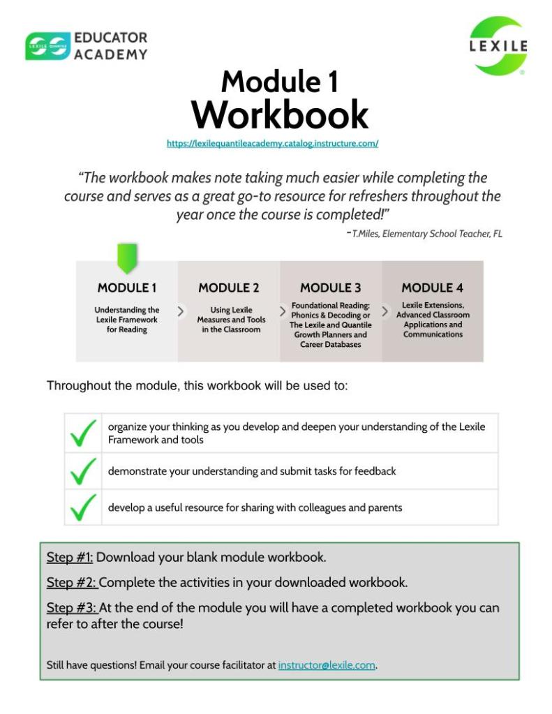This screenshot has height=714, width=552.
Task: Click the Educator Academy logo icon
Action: point(47,45)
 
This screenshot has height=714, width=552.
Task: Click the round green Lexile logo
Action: point(498,45)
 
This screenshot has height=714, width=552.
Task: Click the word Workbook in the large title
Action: point(279,115)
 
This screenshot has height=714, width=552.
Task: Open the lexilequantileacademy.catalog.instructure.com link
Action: point(272,144)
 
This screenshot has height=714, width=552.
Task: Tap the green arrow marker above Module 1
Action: point(127,258)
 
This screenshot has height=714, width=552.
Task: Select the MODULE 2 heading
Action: point(229,288)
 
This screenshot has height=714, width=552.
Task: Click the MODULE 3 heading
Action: point(331,288)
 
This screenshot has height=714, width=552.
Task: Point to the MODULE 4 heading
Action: point(432,288)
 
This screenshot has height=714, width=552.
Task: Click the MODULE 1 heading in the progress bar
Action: point(127,288)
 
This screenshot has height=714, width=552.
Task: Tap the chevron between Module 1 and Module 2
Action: point(181,312)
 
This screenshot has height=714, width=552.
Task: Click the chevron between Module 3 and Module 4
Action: point(385,312)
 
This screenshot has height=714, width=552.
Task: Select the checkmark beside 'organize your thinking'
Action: point(83,434)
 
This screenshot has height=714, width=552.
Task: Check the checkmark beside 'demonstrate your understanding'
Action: point(83,472)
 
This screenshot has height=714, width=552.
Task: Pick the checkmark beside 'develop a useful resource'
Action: point(83,508)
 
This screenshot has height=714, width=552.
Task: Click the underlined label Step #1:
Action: point(70,558)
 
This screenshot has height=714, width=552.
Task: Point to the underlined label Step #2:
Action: point(72,582)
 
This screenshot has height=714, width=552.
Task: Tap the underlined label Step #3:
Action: point(72,608)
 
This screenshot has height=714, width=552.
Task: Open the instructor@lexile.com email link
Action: point(327,665)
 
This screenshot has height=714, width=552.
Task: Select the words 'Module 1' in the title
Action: point(279,82)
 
